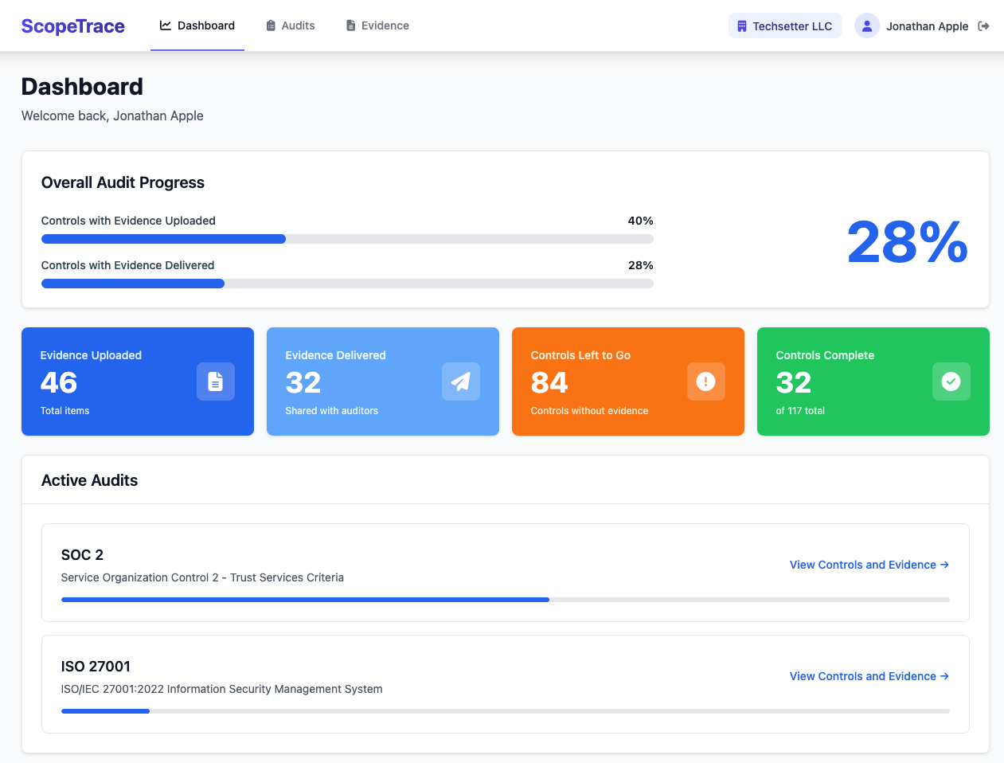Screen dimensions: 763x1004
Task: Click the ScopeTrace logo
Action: tap(72, 26)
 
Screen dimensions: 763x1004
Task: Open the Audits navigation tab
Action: tap(291, 25)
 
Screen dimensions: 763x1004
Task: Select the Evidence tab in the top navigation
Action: tap(377, 25)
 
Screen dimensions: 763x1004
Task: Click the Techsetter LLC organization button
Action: tap(784, 26)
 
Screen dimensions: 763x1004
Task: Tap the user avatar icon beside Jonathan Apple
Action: tap(866, 26)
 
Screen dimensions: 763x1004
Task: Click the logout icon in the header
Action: tap(984, 26)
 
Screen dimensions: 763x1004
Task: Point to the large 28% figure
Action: tap(907, 242)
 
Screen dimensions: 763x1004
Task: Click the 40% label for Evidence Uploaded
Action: tap(640, 221)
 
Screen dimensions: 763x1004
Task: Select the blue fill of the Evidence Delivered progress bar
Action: tap(133, 284)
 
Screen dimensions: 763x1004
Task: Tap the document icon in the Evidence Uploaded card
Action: tap(216, 381)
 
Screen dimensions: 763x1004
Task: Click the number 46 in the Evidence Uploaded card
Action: tap(59, 383)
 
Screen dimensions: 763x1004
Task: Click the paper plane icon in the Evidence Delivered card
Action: tap(461, 381)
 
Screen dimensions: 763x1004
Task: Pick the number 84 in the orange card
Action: tap(549, 383)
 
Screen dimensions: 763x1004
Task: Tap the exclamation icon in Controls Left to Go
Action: tap(706, 381)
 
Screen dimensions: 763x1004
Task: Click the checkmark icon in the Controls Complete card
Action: tap(951, 381)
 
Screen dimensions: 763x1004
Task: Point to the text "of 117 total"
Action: tap(800, 411)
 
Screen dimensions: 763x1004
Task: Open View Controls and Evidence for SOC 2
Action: tap(869, 565)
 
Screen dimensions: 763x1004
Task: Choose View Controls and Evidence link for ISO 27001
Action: tap(869, 676)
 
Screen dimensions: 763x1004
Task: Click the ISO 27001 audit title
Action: tap(96, 667)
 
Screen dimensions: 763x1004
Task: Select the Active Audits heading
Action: tap(89, 480)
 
